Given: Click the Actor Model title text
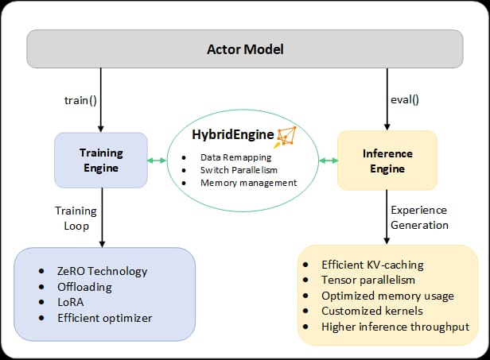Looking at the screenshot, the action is point(245,49).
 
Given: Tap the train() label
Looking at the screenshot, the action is point(80,101).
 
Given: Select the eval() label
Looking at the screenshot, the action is point(405,100).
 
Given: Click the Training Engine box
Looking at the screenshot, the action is point(101,161).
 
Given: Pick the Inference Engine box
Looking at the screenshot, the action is point(387,161).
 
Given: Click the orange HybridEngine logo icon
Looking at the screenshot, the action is point(285,137).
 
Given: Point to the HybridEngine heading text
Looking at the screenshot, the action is point(233,135).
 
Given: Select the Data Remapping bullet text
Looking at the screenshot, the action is point(236,157).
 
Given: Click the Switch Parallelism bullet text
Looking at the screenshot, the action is point(239,170).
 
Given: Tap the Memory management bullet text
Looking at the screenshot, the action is point(249,183).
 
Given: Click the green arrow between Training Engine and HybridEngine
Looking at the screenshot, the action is point(157,161).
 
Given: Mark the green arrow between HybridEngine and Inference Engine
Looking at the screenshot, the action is point(329,161).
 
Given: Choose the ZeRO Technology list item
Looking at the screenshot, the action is point(102,271).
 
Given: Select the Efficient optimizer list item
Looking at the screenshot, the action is point(105,318).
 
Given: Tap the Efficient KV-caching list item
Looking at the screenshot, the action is point(372,265).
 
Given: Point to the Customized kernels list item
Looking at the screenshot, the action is point(372,311).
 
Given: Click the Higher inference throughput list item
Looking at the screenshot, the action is point(395,327).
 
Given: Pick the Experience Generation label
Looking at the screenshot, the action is point(419,218).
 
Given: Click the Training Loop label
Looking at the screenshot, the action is point(76,219).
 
